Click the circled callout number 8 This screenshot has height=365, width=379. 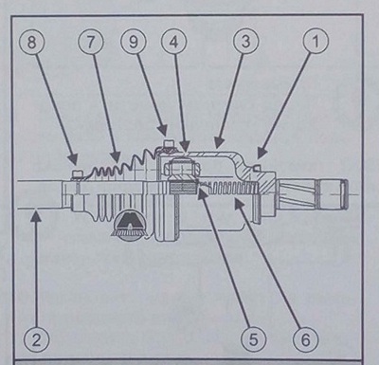click(32, 43)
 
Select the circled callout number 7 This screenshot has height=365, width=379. click(91, 43)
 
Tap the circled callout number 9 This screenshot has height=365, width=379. click(134, 43)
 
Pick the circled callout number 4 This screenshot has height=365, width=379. click(173, 43)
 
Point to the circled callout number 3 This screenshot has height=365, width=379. click(246, 42)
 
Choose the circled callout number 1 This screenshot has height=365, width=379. click(316, 42)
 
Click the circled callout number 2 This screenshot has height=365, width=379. click(36, 340)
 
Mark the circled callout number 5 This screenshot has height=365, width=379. click(254, 339)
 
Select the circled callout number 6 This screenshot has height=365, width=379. click(305, 339)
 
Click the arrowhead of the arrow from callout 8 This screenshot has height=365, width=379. click(74, 158)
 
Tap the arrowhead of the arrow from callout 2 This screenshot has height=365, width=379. click(37, 216)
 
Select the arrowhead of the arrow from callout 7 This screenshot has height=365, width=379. click(116, 157)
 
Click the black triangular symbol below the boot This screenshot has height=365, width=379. click(130, 222)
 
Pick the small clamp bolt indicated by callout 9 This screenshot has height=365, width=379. click(168, 144)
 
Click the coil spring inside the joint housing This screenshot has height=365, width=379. click(230, 189)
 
